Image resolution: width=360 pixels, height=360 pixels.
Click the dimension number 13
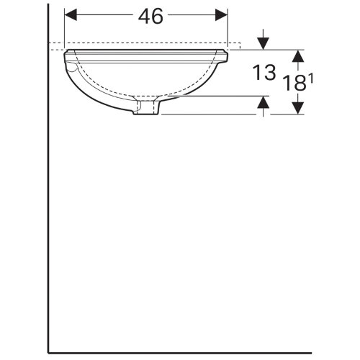click(x=265, y=72)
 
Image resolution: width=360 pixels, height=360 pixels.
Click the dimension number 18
click(x=294, y=82)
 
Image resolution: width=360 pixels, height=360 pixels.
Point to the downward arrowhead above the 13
click(x=264, y=43)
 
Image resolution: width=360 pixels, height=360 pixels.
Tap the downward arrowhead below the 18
click(x=296, y=109)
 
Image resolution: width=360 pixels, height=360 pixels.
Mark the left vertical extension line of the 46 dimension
click(x=65, y=29)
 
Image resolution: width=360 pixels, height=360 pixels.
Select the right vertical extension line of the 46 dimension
click(x=228, y=29)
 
